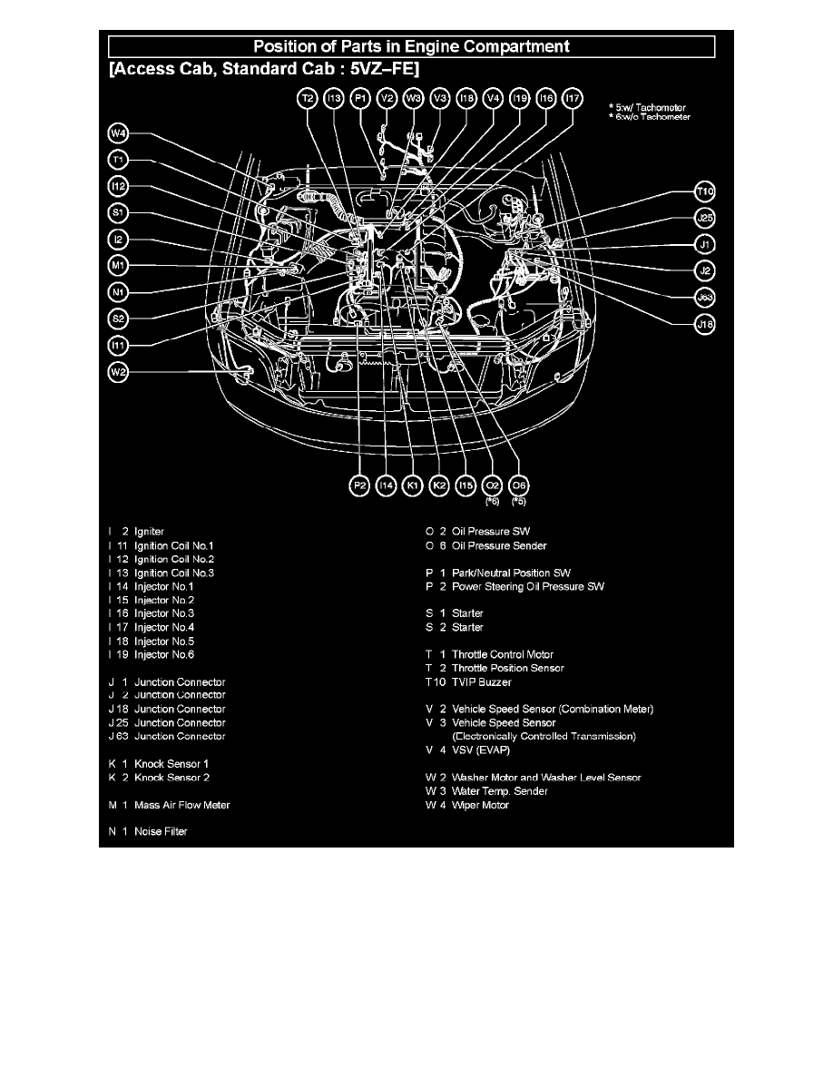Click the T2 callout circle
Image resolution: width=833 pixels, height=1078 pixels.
(308, 99)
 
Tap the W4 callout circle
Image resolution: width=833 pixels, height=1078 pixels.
(118, 133)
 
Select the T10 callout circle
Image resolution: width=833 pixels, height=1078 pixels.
(705, 191)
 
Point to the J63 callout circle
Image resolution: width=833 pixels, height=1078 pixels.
(705, 298)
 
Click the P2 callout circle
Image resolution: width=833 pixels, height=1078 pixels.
(359, 486)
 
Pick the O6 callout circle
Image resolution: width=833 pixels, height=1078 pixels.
(519, 486)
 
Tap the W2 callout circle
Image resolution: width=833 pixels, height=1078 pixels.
(118, 373)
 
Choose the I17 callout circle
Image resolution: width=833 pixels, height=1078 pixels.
(573, 99)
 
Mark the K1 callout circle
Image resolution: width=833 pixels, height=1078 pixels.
(412, 486)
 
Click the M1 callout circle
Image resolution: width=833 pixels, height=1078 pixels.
(118, 266)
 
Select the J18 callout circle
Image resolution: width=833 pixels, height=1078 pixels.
(705, 325)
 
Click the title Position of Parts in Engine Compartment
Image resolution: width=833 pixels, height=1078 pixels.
(411, 47)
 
